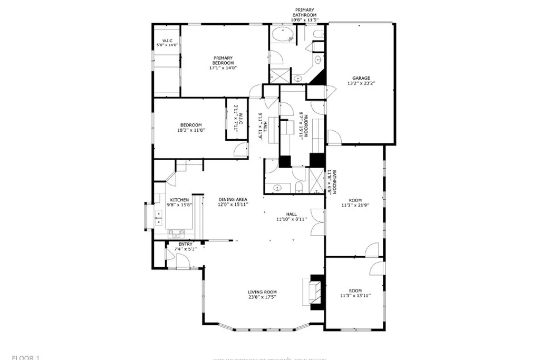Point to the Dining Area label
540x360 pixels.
(233, 199)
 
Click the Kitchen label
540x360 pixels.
(179, 200)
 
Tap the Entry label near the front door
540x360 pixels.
(186, 244)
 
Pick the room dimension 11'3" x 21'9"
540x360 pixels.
(355, 206)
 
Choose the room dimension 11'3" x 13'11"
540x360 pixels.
(355, 296)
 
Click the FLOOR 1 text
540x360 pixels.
(26, 358)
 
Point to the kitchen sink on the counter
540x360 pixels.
(176, 232)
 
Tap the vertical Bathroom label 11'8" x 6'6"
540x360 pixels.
(330, 182)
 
